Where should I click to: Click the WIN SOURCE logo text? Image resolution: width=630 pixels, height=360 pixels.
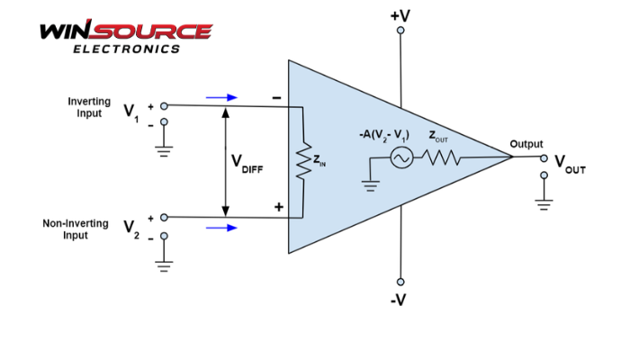pos(125,31)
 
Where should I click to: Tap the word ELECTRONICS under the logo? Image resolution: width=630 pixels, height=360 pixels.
pos(126,49)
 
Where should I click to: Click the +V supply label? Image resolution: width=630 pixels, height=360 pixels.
pos(400,15)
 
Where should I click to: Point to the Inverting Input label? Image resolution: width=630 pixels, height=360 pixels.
pos(89,108)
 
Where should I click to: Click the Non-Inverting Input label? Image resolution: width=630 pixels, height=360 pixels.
pos(76,229)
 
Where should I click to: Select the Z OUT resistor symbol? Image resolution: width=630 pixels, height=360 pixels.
pos(442,158)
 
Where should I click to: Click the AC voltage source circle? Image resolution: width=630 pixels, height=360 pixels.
pos(400,158)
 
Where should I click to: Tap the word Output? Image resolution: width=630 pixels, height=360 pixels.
pos(526,144)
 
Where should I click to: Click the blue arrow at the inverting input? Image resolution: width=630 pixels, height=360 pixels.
pos(221,97)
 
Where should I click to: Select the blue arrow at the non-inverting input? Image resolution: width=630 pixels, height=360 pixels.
pos(221,228)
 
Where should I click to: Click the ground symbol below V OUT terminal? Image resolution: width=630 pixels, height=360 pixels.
pos(544,202)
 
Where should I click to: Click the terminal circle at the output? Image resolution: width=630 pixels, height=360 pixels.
pos(544,158)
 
